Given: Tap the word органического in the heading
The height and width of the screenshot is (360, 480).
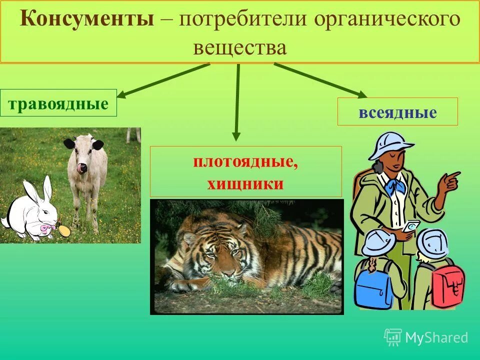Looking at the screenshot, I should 387,19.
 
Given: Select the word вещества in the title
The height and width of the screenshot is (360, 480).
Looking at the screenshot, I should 239,48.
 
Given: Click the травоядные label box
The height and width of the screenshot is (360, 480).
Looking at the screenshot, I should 58,103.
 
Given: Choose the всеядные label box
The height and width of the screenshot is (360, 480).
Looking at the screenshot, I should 397,111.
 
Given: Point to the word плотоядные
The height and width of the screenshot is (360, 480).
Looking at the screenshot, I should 245,163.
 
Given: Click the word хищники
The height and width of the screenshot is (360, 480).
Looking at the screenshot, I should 245,184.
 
